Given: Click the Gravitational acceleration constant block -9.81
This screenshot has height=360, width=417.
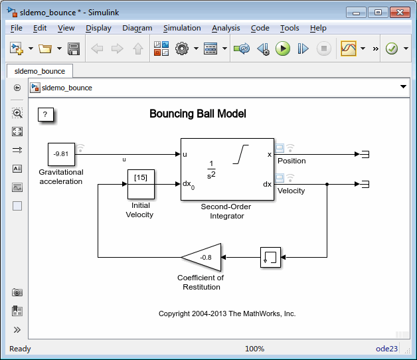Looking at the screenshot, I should click(x=61, y=154).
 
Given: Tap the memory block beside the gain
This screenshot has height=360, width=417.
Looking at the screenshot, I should click(x=270, y=256).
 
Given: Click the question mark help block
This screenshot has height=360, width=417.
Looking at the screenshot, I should click(x=45, y=115).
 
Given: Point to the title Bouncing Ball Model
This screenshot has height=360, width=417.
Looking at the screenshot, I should click(x=198, y=114).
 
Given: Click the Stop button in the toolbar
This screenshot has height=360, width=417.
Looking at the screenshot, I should click(x=323, y=48).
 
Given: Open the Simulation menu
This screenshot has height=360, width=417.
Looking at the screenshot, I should click(x=182, y=28).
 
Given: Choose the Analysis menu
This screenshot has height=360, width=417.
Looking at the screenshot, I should click(x=226, y=28).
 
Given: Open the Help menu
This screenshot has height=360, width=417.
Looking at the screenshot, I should click(x=318, y=28).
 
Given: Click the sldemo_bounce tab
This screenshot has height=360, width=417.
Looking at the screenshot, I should click(x=39, y=71).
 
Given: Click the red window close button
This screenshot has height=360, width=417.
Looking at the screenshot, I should click(x=399, y=12).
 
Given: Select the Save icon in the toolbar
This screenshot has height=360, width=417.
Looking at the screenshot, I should click(x=74, y=48).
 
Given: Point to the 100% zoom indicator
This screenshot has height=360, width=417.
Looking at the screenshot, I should click(x=254, y=349).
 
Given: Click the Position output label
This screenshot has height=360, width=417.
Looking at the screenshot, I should click(x=292, y=161).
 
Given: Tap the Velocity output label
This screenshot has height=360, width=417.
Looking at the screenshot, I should click(x=291, y=191).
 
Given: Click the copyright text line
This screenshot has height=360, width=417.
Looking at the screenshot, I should click(x=227, y=314).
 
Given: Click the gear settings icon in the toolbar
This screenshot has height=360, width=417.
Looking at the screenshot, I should click(x=182, y=48).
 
